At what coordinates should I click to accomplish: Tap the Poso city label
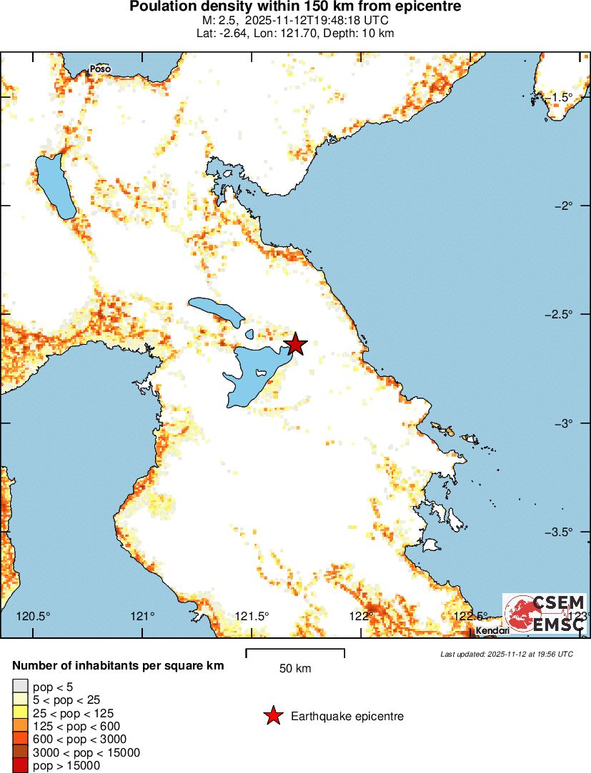point(100,69)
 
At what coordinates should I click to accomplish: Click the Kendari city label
point(492,631)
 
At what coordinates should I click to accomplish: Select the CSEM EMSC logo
point(545,613)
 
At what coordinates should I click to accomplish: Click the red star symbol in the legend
point(272,716)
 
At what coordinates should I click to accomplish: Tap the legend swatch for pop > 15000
point(19,765)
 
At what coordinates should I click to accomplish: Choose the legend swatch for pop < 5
point(19,687)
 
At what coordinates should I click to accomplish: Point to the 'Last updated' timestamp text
point(506,654)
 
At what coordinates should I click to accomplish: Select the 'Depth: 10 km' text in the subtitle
point(357,33)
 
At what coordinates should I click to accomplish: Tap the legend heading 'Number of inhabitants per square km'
point(118,665)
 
